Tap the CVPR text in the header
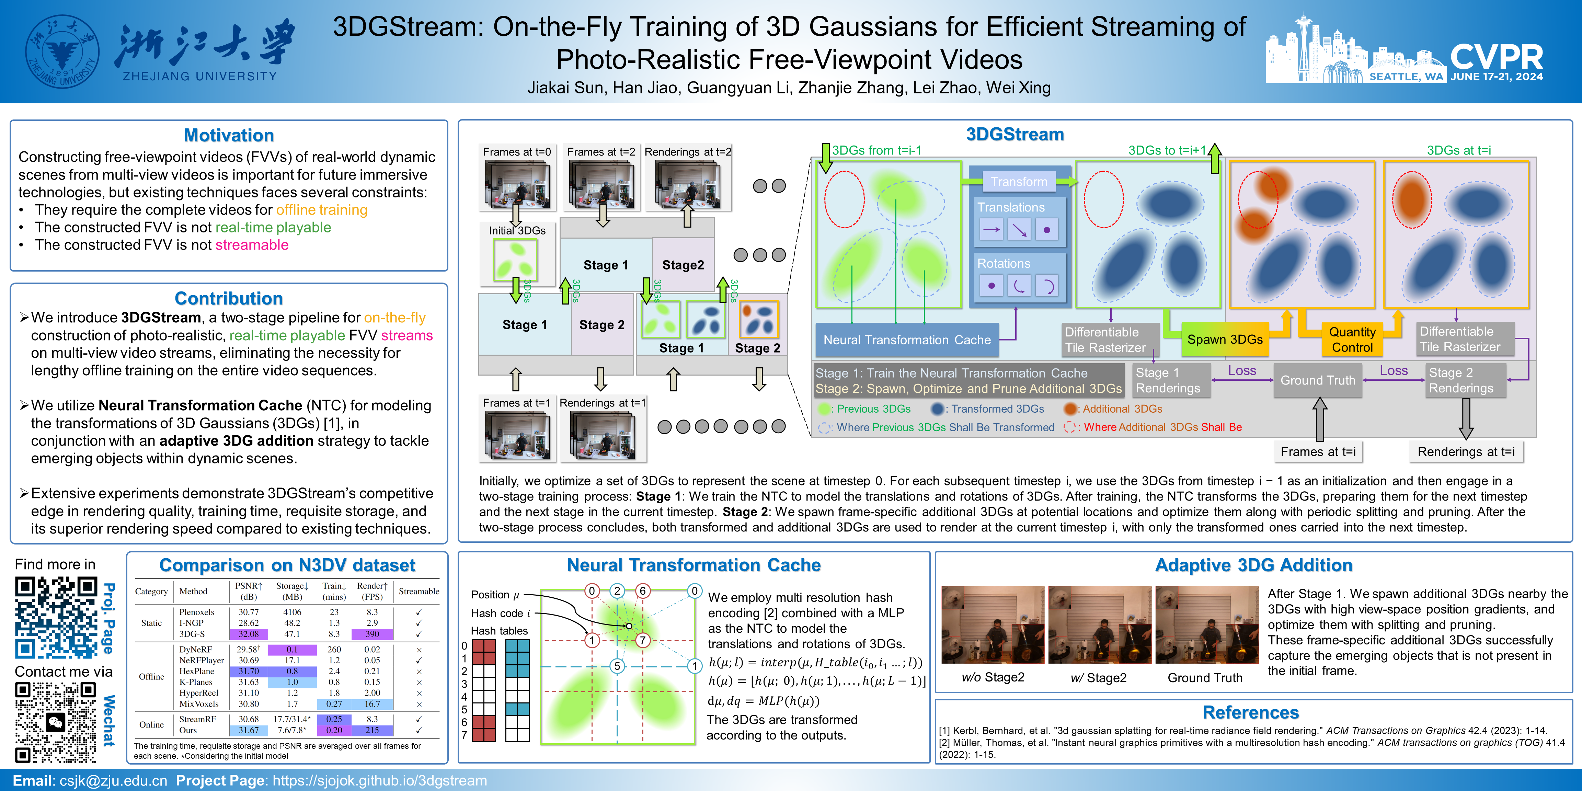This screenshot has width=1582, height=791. pos(1497,57)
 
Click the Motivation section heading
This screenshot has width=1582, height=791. pos(228,135)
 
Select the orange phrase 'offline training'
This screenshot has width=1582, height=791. pos(322,210)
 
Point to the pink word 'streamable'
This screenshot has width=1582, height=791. pos(252,245)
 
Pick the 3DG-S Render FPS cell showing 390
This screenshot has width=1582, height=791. pos(372,634)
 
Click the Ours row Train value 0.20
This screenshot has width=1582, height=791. pos(334,730)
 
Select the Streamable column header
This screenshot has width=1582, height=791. pos(419,592)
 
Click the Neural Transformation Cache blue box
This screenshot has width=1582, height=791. pos(906,340)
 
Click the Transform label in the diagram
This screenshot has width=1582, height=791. pos(1019,182)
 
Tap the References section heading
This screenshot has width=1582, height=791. pos(1250,712)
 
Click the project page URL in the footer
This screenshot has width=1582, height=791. pos(379,781)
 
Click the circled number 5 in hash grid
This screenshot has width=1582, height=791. pos(617,666)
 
